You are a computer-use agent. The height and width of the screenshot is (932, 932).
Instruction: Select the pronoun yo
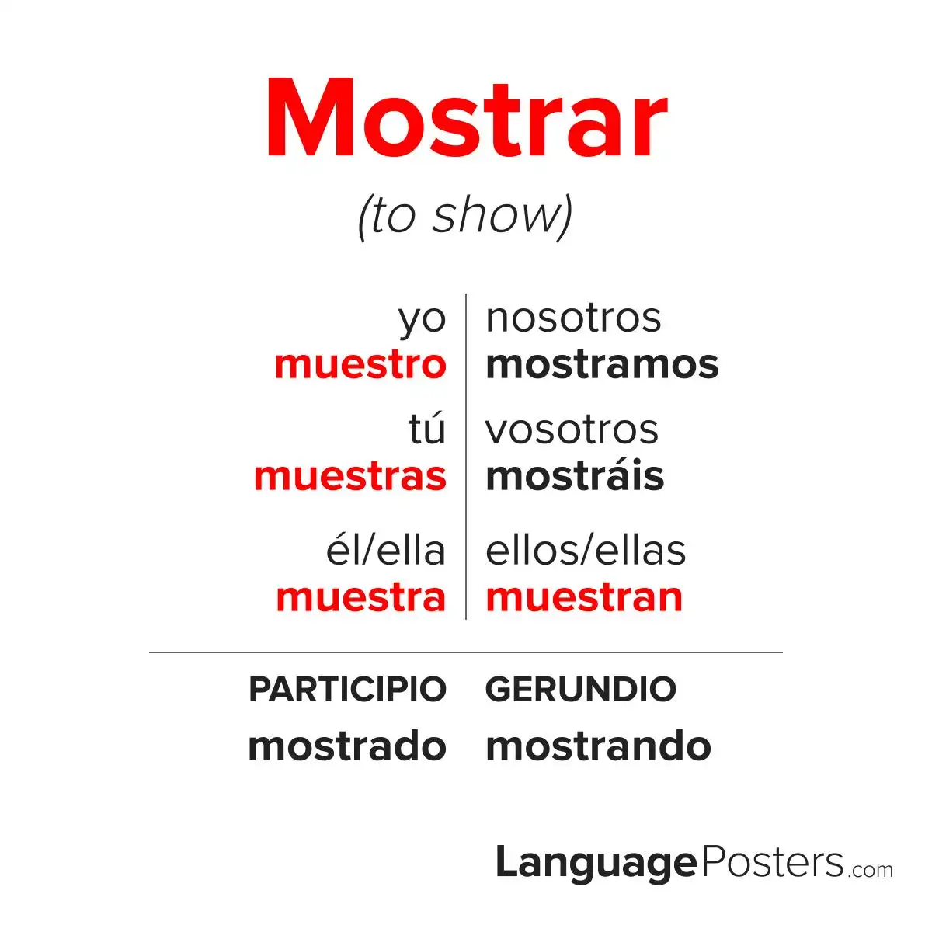[x=422, y=321]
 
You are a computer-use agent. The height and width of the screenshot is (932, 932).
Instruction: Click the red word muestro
[x=360, y=365]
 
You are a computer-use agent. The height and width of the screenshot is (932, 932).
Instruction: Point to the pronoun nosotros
[x=573, y=318]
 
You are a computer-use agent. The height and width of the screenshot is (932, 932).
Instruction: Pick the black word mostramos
[x=602, y=365]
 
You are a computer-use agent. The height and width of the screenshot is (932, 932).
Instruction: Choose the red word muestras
[x=350, y=476]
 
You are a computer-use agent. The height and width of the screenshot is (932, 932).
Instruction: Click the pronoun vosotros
[x=572, y=430]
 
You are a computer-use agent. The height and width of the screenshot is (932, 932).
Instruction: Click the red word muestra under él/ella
[x=361, y=598]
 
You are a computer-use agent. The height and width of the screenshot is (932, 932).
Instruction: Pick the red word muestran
[x=584, y=598]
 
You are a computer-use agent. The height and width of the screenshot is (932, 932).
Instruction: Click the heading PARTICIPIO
[x=347, y=689]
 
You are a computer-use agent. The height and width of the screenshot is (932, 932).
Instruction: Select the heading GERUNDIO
[x=580, y=689]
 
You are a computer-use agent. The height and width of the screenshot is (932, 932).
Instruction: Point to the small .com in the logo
[x=871, y=870]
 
